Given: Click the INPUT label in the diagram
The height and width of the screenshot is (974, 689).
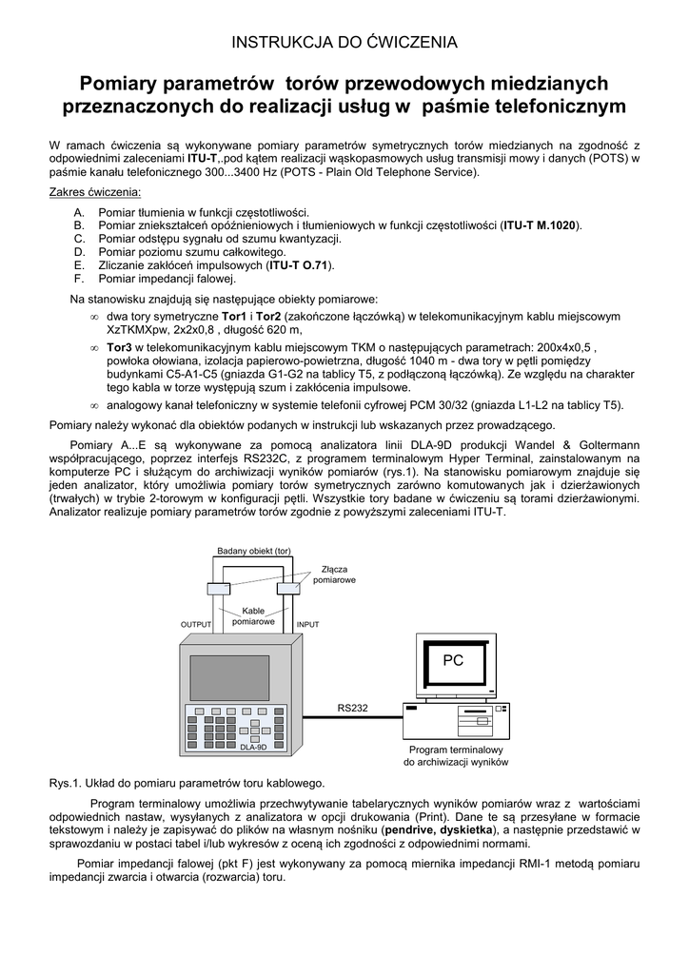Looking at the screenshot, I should pyautogui.click(x=307, y=625).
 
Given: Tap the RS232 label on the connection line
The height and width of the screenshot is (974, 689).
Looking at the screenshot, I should pyautogui.click(x=352, y=708).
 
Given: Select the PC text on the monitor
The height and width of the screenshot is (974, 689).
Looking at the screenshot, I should pyautogui.click(x=453, y=660).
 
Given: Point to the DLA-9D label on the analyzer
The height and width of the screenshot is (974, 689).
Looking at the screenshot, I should pyautogui.click(x=252, y=747).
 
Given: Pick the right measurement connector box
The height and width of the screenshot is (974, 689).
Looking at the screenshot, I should pyautogui.click(x=286, y=590).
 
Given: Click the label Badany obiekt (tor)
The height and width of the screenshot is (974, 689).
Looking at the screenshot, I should pyautogui.click(x=253, y=552).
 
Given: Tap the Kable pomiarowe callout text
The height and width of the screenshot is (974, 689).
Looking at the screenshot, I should pyautogui.click(x=253, y=615).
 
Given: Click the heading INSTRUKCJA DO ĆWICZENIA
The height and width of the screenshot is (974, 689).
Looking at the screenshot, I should pyautogui.click(x=344, y=42).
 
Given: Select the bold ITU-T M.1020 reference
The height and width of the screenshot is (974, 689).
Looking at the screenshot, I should pyautogui.click(x=541, y=225).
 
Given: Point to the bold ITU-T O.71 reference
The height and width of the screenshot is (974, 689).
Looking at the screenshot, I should pyautogui.click(x=300, y=265).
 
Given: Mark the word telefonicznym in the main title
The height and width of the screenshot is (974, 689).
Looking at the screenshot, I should pyautogui.click(x=537, y=106).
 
